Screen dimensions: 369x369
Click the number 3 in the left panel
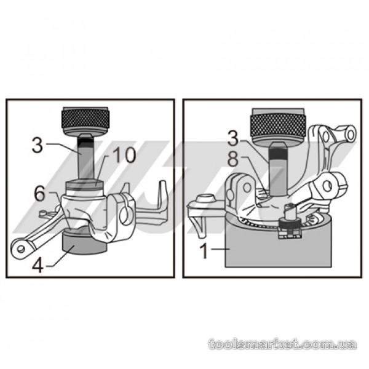tap(38, 145)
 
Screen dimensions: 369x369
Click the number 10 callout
tap(124, 155)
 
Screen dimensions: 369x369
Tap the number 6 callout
tap(39, 194)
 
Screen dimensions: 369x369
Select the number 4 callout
tap(38, 265)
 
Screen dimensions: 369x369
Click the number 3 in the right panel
tap(233, 139)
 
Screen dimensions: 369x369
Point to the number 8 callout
tap(233, 159)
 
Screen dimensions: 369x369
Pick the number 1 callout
tap(204, 251)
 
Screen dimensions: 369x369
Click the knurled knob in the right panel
tap(278, 125)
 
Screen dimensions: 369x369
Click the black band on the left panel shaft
tap(85, 141)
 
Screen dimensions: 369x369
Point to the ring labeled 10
tap(85, 184)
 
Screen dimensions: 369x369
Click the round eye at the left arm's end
tap(20, 248)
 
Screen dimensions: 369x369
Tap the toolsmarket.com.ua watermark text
tap(282, 344)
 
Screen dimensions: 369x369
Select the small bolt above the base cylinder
tap(290, 213)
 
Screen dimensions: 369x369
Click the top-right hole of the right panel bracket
tap(351, 134)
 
